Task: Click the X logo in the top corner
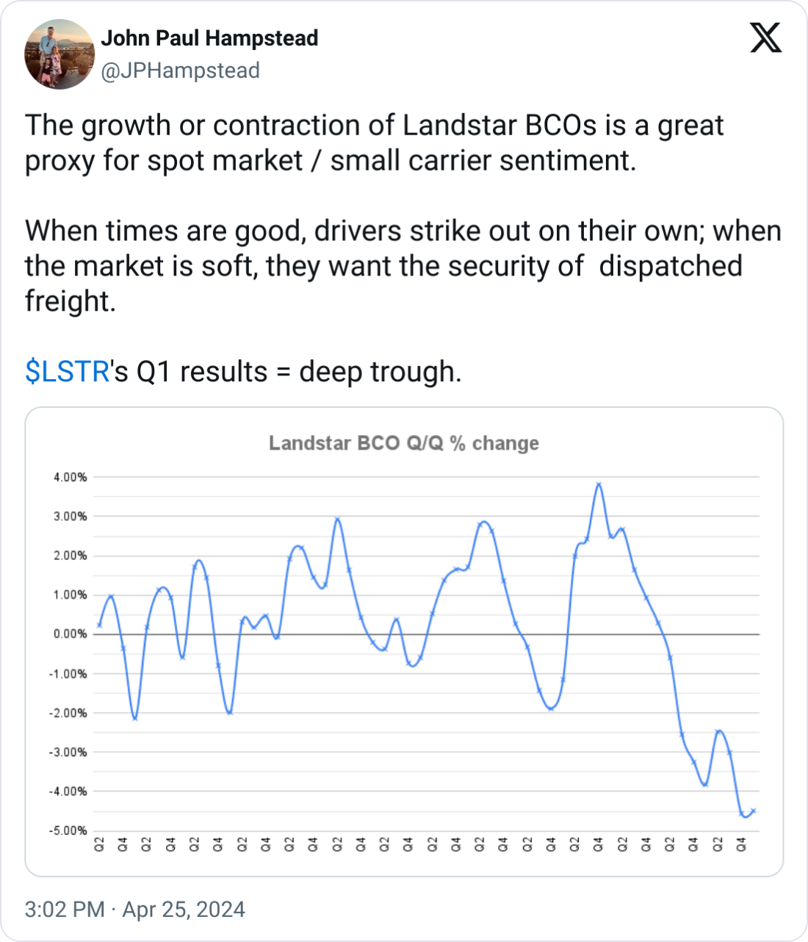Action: (x=765, y=37)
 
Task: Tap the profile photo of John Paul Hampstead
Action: (x=59, y=54)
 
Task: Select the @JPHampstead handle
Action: (x=180, y=71)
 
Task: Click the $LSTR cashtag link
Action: (x=67, y=372)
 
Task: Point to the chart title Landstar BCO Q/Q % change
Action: (x=403, y=443)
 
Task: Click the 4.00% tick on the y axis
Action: (x=70, y=478)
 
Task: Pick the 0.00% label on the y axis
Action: (x=70, y=634)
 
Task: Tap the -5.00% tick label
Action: (x=68, y=830)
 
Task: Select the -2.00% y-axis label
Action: (x=68, y=713)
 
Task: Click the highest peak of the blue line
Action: (x=599, y=484)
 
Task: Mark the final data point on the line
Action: (x=753, y=811)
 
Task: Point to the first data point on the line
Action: (x=99, y=625)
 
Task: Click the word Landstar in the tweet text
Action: (x=460, y=126)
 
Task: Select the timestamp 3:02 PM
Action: (x=65, y=910)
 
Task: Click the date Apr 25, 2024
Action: (x=184, y=910)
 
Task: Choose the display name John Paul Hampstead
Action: (x=209, y=38)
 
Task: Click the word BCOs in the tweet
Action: (x=561, y=126)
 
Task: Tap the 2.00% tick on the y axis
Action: (x=70, y=556)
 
